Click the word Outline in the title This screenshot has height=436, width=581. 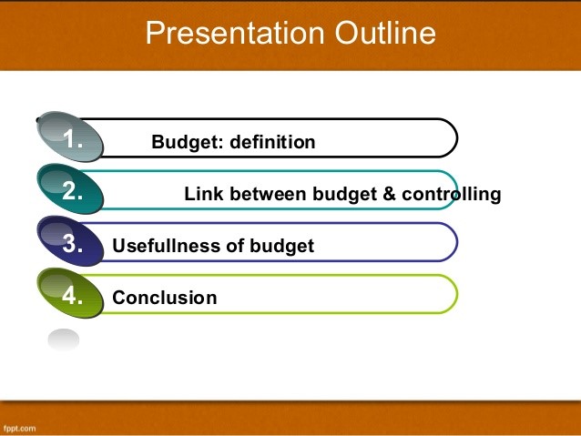tap(384, 34)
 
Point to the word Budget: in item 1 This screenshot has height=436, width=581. tap(188, 142)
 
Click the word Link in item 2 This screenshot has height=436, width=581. tap(204, 194)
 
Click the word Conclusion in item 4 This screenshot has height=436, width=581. tap(164, 298)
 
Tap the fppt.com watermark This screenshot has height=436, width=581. tap(19, 427)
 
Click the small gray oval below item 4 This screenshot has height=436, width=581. tap(64, 340)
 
